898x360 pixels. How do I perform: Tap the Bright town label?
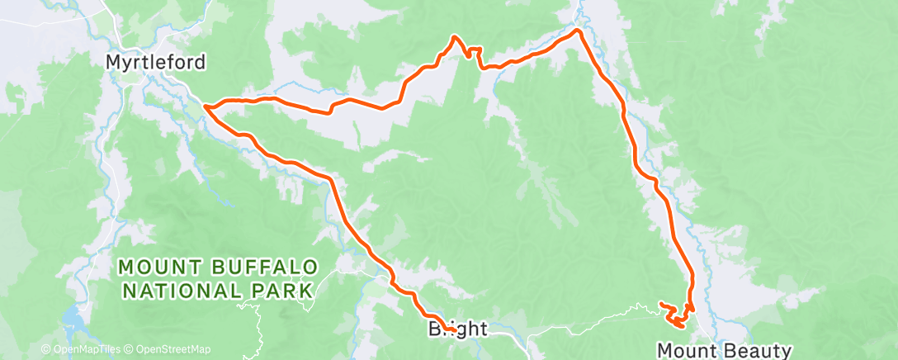click(458, 329)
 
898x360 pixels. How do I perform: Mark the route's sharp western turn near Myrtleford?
click(204, 107)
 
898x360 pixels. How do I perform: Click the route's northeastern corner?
click(578, 31)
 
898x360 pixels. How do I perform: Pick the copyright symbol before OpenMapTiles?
click(46, 349)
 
